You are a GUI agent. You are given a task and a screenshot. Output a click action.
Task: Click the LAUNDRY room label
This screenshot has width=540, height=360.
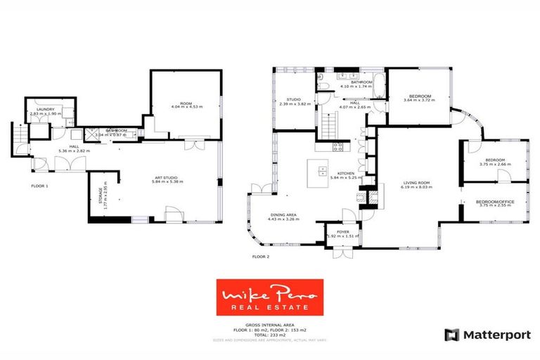tap(46, 109)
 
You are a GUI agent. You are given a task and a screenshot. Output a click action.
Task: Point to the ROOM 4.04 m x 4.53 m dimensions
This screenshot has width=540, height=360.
tap(186, 107)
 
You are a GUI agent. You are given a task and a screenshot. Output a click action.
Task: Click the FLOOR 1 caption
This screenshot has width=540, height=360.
tap(39, 186)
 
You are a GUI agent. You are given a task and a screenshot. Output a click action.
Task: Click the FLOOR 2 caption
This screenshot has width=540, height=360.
tap(261, 257)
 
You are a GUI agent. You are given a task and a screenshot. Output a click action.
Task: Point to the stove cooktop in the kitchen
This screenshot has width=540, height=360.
tap(337, 147)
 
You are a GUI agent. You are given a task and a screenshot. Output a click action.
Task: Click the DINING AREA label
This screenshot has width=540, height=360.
tap(284, 216)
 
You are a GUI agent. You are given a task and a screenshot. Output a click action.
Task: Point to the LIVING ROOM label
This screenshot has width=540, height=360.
tap(416, 183)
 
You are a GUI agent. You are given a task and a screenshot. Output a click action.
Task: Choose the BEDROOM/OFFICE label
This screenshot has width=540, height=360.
tap(495, 202)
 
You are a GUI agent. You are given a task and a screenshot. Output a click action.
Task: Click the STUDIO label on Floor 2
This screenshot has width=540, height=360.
tap(285, 100)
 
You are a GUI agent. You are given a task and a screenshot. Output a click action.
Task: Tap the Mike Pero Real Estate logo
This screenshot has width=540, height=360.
tap(269, 298)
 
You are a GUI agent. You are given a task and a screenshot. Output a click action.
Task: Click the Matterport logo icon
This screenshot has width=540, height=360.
tap(451, 335)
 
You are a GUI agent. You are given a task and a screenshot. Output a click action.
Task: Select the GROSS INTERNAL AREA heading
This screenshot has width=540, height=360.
tap(269, 325)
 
